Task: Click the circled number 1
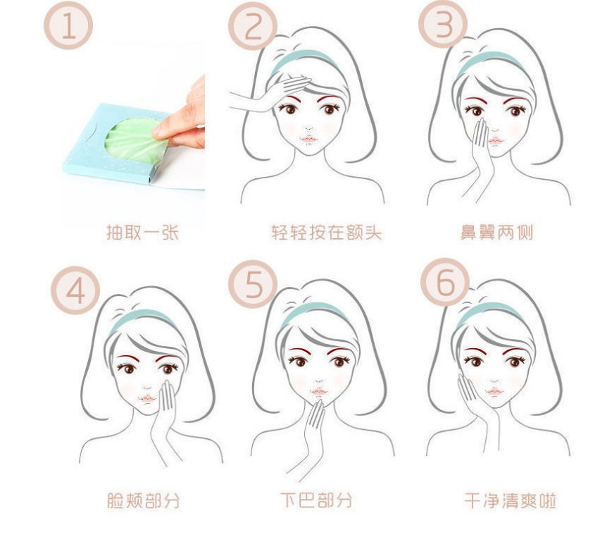click(68, 25)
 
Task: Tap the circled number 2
click(253, 26)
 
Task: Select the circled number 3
click(443, 24)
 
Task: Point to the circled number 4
click(75, 290)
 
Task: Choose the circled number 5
click(254, 284)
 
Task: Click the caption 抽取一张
click(142, 232)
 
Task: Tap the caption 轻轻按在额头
click(326, 232)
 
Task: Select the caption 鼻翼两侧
click(496, 232)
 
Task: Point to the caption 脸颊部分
click(143, 500)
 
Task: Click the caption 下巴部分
click(316, 500)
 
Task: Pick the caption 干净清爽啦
click(511, 500)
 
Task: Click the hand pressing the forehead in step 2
click(271, 93)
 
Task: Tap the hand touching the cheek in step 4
click(165, 419)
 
